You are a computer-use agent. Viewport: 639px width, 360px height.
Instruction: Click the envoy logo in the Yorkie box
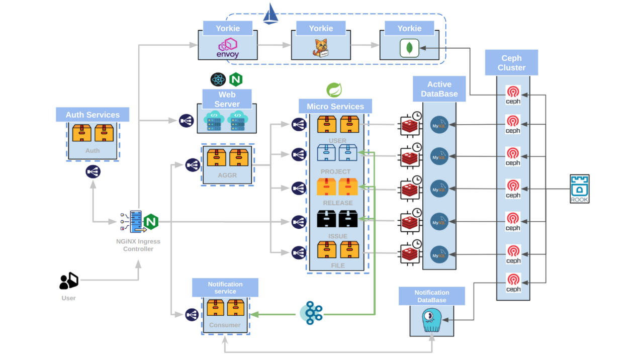228,47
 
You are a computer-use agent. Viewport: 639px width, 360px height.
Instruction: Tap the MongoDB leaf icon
409,48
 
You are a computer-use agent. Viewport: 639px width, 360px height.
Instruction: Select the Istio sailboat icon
270,14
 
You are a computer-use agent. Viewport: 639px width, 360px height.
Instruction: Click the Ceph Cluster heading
511,63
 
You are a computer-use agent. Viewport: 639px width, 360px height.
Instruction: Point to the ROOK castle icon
580,189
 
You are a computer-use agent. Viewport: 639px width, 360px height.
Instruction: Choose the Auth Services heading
93,115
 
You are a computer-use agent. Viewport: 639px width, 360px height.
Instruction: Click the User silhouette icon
69,281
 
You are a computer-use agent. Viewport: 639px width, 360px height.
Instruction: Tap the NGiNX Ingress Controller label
138,245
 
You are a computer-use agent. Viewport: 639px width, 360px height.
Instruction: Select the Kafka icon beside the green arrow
312,313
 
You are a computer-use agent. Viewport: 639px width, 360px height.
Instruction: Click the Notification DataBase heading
432,296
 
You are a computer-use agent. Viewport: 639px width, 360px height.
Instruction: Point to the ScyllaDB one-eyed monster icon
432,320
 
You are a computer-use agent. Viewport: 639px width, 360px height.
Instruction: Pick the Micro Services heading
335,107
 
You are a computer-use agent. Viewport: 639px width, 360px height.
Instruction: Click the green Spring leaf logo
334,90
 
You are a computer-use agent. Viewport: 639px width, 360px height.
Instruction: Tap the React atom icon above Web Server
218,79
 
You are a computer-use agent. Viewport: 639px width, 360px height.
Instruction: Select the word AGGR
227,175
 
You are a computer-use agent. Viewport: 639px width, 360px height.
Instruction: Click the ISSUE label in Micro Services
338,236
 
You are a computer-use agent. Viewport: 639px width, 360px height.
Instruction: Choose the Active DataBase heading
439,89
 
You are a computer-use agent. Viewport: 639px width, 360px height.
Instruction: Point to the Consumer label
225,325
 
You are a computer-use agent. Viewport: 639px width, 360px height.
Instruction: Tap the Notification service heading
225,288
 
